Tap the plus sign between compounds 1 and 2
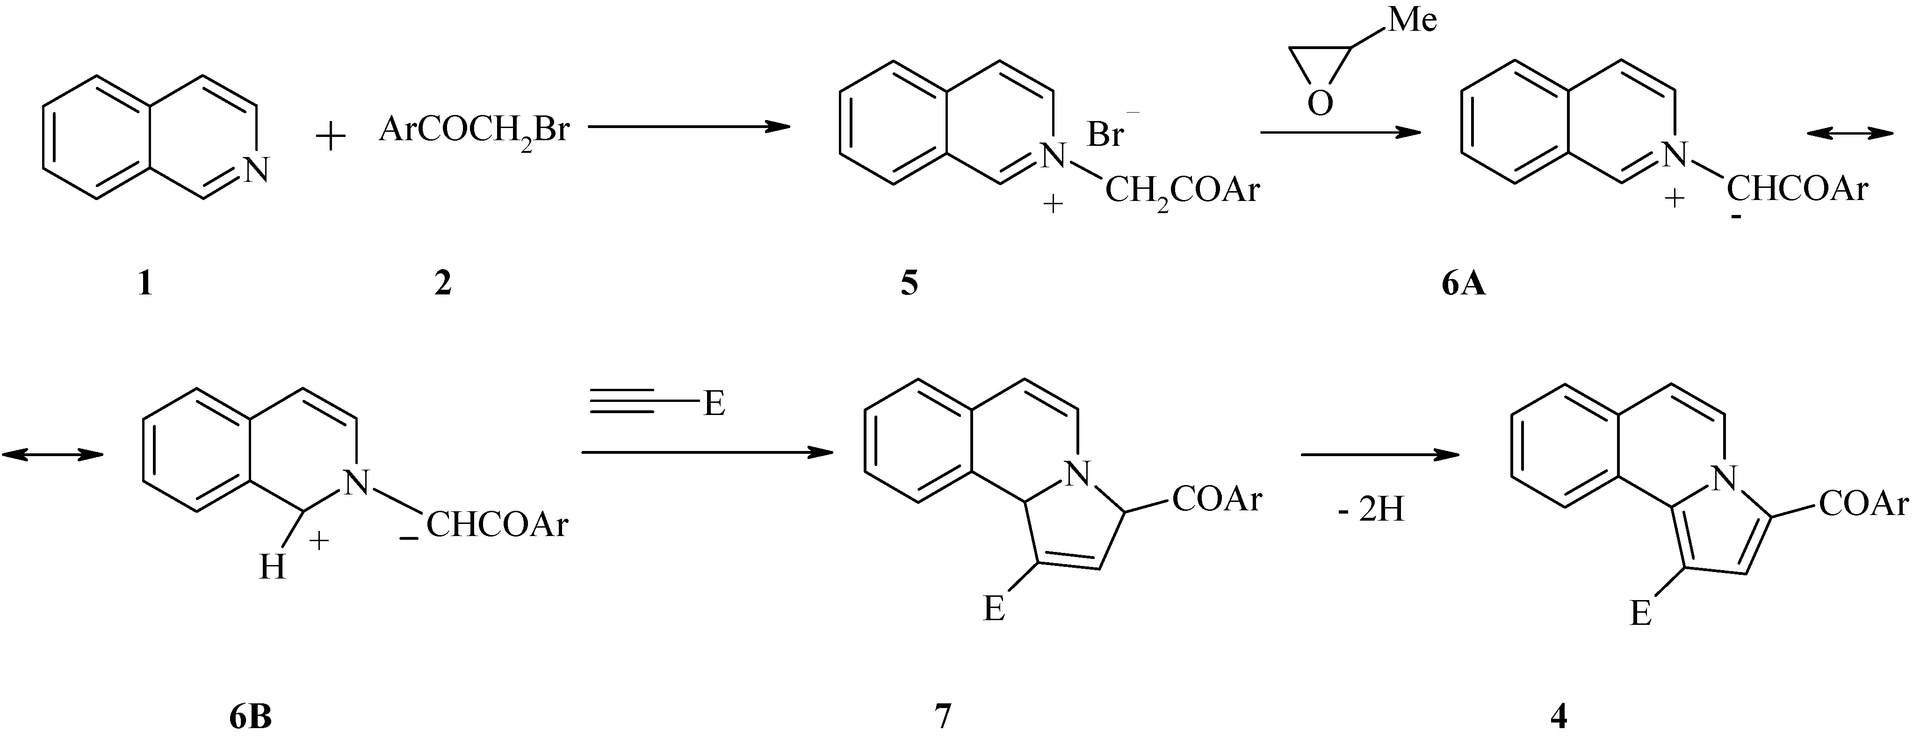pyautogui.click(x=331, y=138)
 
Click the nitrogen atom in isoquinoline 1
pyautogui.click(x=255, y=170)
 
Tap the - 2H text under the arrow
pyautogui.click(x=1371, y=511)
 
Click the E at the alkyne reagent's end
pyautogui.click(x=714, y=405)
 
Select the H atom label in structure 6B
pyautogui.click(x=273, y=568)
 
